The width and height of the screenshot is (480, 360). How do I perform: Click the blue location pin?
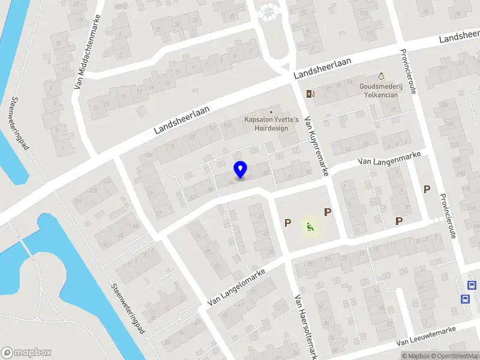coord(241,170)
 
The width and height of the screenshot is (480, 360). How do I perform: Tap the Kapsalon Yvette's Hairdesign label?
coord(271,124)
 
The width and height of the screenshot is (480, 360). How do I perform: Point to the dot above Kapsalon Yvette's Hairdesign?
coord(271,112)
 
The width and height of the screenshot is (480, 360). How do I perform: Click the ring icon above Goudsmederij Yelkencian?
coord(380,76)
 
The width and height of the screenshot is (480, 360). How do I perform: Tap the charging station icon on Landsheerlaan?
coord(310,93)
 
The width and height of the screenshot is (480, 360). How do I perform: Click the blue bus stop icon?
coord(465,299)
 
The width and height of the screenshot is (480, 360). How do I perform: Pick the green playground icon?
coord(310,226)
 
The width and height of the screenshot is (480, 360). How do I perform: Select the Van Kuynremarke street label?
coord(316,146)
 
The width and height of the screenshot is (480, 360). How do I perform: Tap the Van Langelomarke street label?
coord(236,287)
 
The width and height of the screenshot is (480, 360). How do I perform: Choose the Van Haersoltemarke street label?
coord(305,326)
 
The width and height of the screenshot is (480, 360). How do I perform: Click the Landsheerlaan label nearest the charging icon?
coord(323,67)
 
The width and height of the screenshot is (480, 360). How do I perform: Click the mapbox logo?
coord(26,352)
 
